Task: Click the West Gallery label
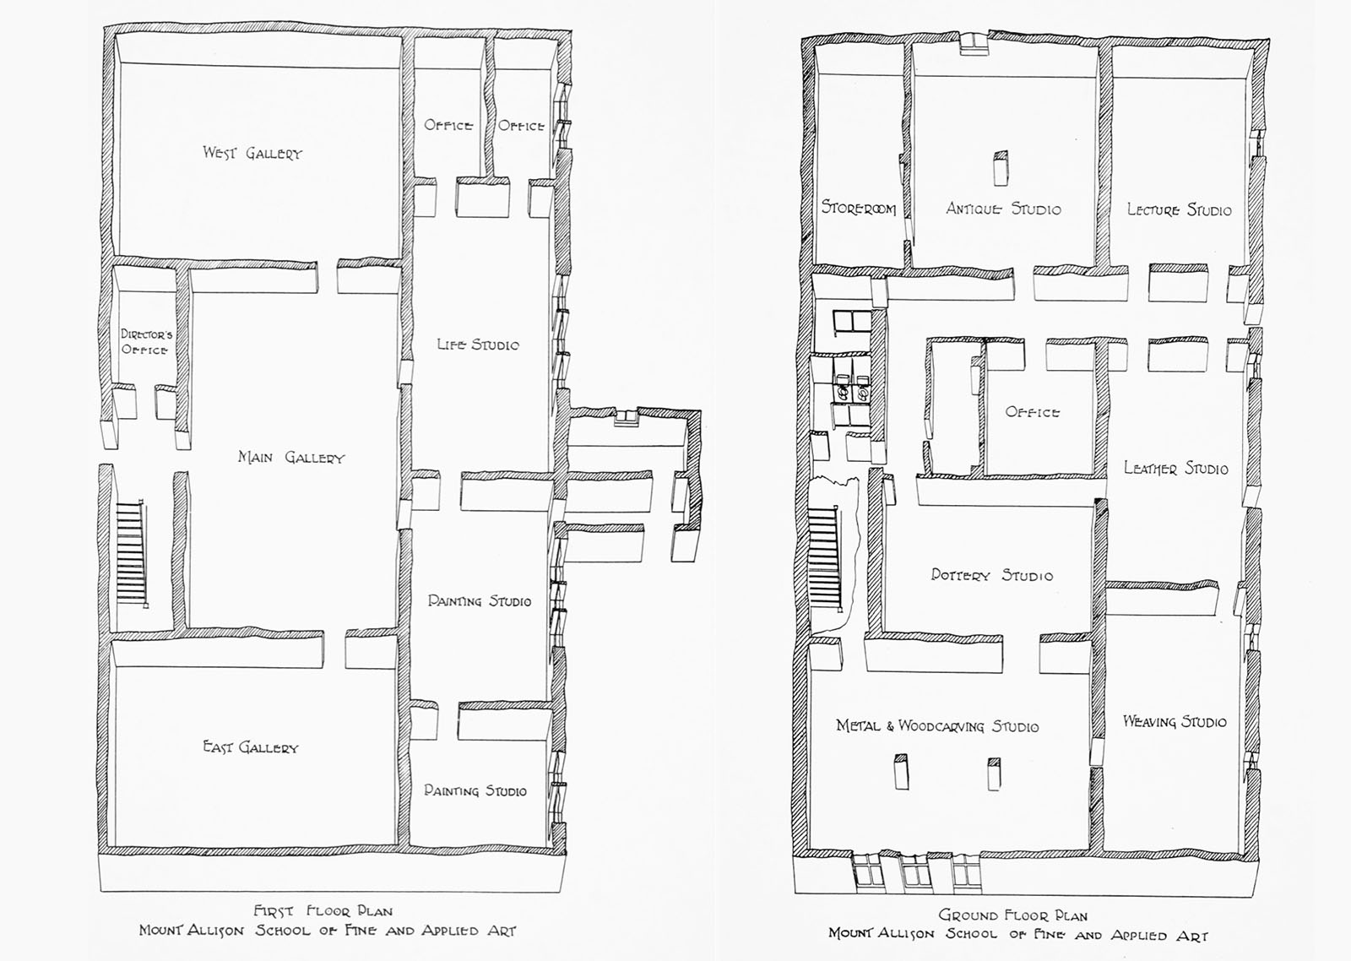(252, 153)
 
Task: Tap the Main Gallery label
(291, 457)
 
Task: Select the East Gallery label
(250, 747)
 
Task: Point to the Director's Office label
(146, 341)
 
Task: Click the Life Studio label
(478, 345)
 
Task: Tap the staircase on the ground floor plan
(824, 558)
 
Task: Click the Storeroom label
(859, 208)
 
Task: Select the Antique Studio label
(1003, 209)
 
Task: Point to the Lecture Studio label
(1179, 209)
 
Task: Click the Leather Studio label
(1175, 468)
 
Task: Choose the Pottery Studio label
(992, 575)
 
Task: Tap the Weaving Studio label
(1175, 721)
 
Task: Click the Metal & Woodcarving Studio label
(937, 725)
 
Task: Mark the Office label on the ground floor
(1032, 412)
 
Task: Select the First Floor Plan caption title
(323, 911)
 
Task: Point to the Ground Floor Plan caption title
(1012, 915)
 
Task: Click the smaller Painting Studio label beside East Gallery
(475, 790)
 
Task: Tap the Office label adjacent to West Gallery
(448, 125)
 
